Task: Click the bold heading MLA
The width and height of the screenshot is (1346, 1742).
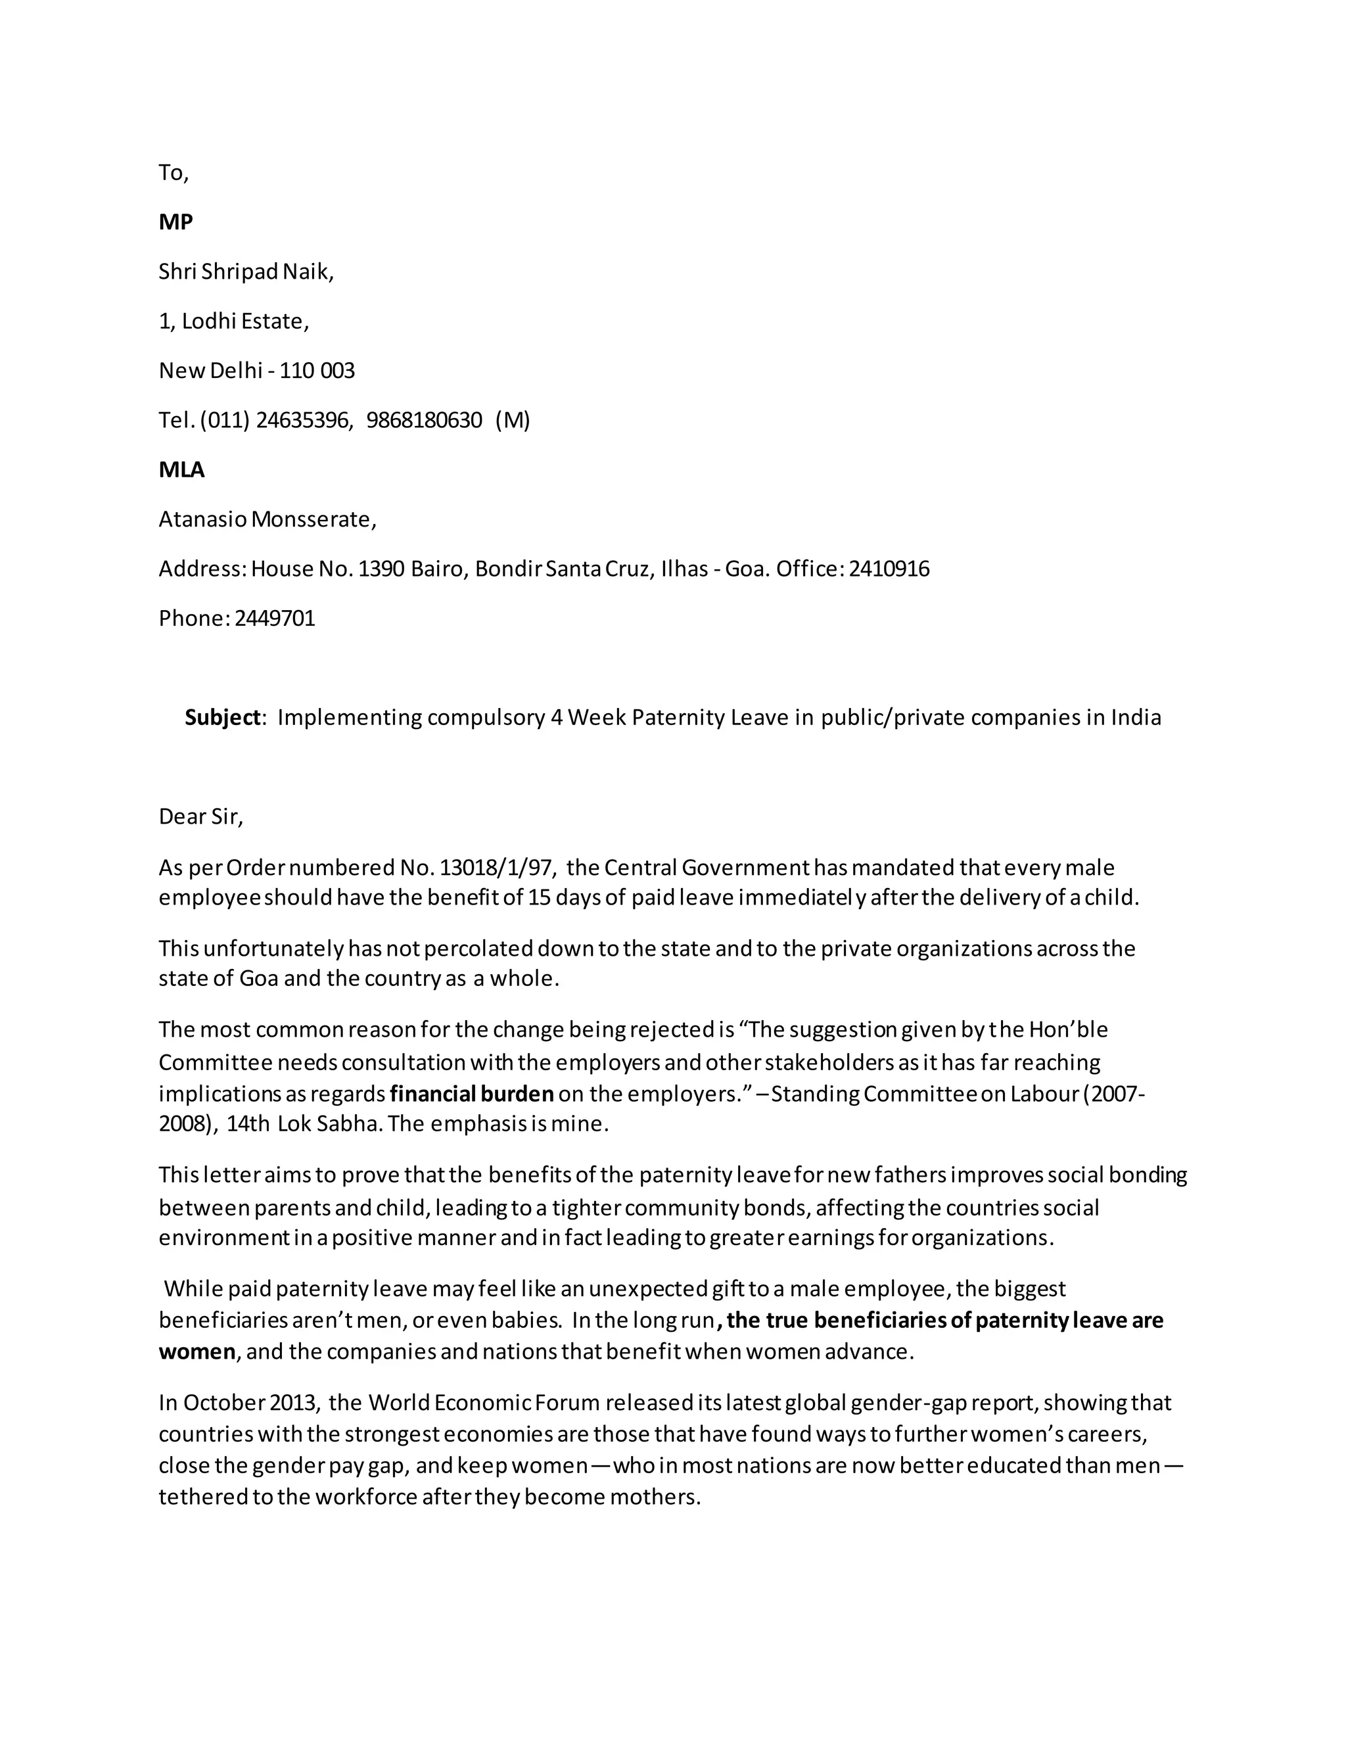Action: tap(182, 470)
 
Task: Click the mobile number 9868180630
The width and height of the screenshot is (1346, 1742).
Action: tap(424, 420)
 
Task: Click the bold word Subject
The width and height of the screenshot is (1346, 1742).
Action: tap(223, 718)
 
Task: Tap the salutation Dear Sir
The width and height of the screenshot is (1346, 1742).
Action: tap(201, 816)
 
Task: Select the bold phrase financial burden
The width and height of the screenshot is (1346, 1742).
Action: tap(472, 1093)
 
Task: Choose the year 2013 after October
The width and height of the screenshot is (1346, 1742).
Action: tap(294, 1402)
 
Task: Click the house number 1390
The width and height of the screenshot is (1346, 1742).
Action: tap(381, 569)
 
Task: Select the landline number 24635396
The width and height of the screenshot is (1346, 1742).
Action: tap(304, 420)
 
